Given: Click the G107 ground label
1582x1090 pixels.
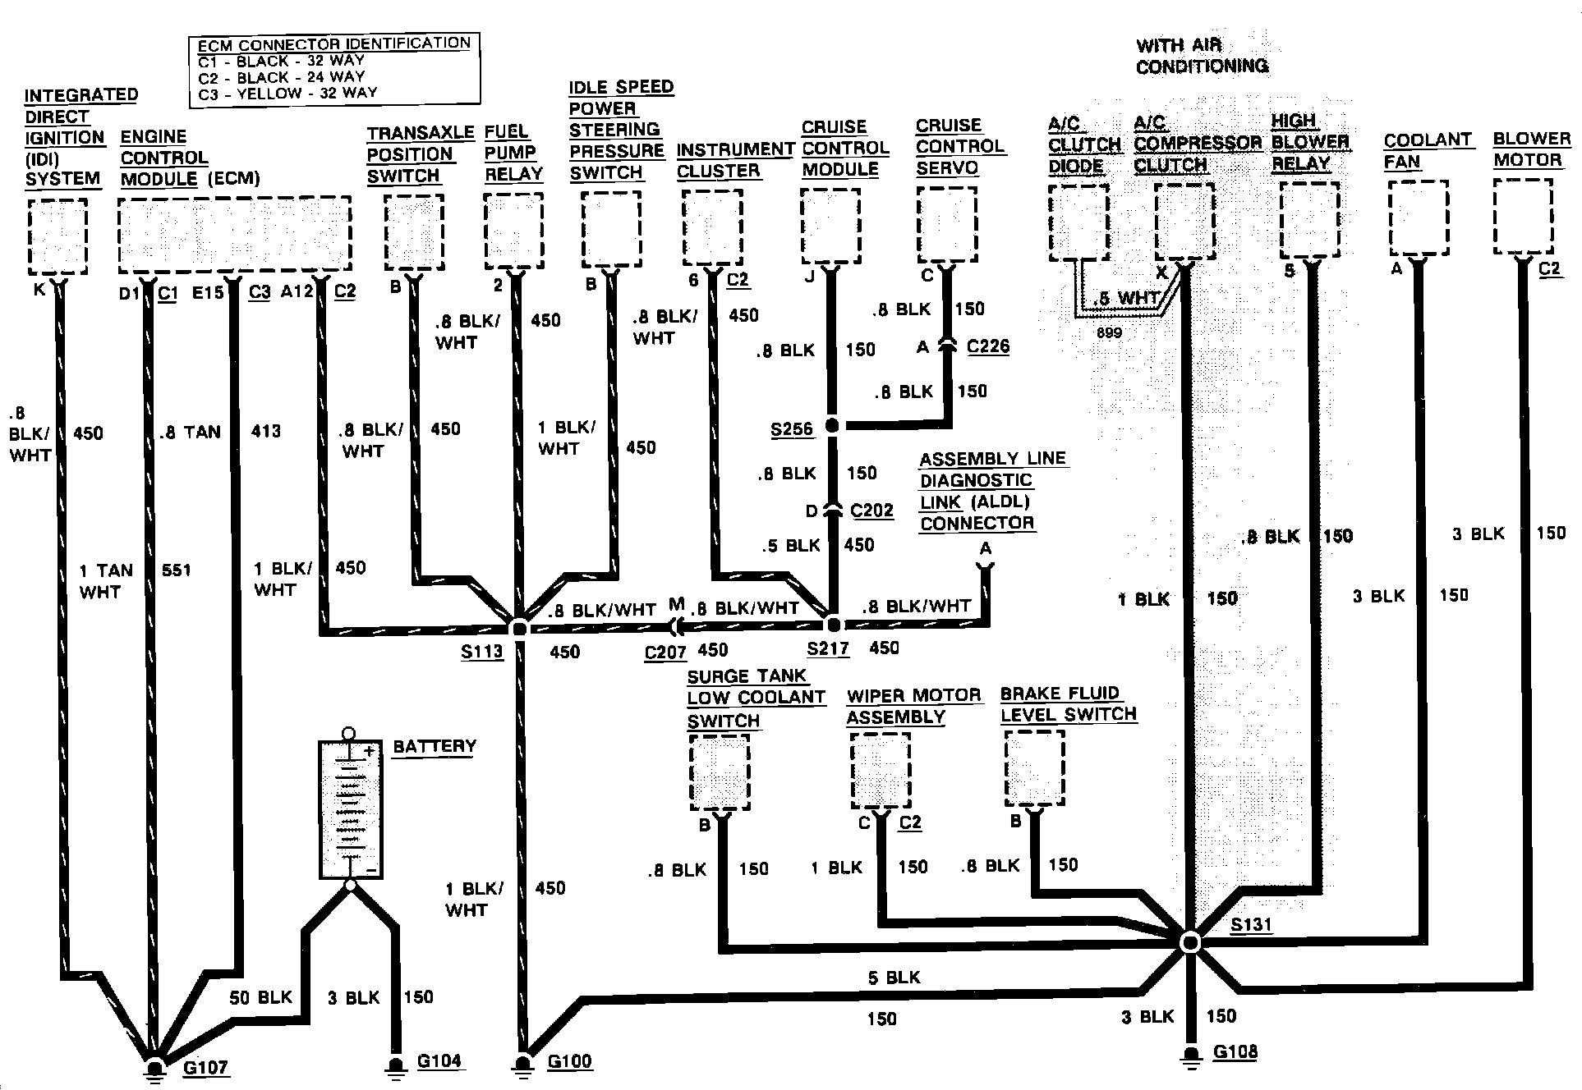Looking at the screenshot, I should pos(205,1067).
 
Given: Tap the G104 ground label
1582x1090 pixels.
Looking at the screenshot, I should pos(439,1060).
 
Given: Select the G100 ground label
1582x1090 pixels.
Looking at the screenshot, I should pos(569,1060).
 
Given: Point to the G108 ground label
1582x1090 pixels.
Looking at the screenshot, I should pos(1235,1051).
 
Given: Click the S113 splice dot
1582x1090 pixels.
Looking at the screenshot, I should pos(519,629).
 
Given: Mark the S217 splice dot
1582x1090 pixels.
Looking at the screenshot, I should pos(833,625).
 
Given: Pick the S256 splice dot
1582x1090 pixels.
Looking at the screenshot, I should pos(832,425).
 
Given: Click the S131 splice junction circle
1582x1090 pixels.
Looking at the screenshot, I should pos(1189,942).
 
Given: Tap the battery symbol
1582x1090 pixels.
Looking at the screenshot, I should pos(350,809).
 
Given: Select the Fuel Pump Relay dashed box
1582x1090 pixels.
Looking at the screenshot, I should pos(513,231).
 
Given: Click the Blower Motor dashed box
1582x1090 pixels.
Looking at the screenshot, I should pos(1524,217).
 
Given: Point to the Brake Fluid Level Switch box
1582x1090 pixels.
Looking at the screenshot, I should pos(1034,768).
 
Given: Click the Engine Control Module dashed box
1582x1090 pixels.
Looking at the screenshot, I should pos(235,234).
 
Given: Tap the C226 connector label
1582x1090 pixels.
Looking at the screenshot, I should pos(987,346).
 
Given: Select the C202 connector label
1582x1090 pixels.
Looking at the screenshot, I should pos(871,511).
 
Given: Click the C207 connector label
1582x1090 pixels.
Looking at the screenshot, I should pos(665,653).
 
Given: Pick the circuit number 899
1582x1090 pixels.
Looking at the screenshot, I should pos(1108,332).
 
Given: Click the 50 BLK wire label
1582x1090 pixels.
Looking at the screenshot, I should pos(260,997).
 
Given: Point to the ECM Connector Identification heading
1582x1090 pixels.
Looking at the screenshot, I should pos(334,44).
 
